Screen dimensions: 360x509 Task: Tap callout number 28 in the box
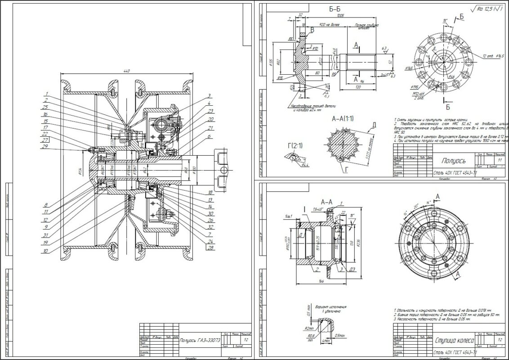(210, 247)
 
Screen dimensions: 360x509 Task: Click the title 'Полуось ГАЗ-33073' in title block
(200, 341)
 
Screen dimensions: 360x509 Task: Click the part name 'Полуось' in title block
(454, 160)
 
